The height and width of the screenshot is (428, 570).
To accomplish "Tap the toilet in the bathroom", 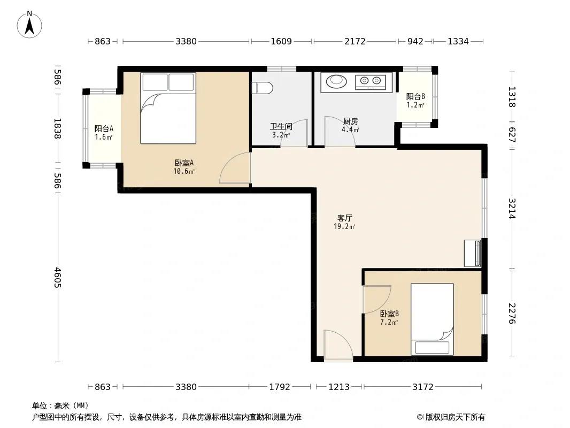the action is pos(263,88).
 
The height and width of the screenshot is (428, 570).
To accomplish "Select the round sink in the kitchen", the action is pos(337,81).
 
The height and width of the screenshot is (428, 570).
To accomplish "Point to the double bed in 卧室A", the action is pos(168,108).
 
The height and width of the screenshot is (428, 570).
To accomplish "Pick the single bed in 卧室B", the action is pos(432,319).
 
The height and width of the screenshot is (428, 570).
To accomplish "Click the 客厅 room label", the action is pos(344,218).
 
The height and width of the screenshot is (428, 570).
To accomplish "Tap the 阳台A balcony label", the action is pos(104,128).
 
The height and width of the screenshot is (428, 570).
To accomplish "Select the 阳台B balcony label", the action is pos(415,97).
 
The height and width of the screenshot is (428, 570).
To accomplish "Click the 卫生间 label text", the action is pos(281,127).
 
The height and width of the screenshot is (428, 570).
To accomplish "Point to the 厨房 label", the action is pos(350,121).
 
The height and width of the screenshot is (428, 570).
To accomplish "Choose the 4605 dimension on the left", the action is pos(57,278).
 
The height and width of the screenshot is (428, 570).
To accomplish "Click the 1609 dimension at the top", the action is pos(281,41).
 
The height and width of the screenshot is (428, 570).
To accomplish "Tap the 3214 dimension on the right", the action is pos(512,208).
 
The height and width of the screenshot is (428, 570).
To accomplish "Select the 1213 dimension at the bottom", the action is pos(339,387).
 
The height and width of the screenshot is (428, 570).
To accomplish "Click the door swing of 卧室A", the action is pos(235,167).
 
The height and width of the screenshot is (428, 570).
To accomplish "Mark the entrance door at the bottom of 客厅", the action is pos(338,345).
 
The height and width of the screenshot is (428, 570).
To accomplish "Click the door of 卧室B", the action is pos(377,299).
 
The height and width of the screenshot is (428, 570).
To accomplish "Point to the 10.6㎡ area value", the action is pos(184,171).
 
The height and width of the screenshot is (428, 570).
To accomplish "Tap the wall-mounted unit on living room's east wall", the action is pos(473,253).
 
